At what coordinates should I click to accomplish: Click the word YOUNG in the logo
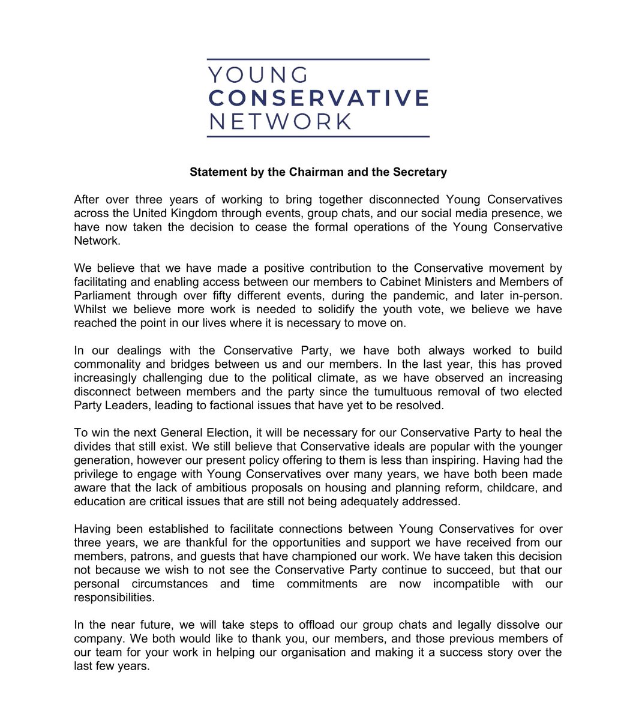[x=258, y=75]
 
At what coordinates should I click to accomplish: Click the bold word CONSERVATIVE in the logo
[x=318, y=98]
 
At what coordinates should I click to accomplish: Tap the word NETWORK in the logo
[x=280, y=121]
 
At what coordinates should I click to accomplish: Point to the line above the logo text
[x=318, y=59]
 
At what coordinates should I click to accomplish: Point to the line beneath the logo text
[x=318, y=137]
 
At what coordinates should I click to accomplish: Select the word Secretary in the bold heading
[x=420, y=172]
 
